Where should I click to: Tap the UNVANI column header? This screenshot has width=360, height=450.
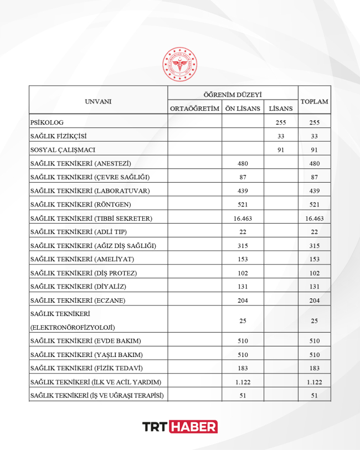(98, 101)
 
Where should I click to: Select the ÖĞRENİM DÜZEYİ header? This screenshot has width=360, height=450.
(233, 94)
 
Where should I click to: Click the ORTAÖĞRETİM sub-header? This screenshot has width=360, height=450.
(194, 108)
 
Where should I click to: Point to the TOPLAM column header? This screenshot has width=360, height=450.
(314, 101)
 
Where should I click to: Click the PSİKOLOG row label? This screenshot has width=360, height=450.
(48, 123)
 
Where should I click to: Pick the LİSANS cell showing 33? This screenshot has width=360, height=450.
(280, 136)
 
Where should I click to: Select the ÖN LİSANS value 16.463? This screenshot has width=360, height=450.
(243, 218)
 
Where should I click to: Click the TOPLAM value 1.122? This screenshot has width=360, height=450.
(314, 382)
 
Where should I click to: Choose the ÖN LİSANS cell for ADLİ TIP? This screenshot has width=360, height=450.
(243, 232)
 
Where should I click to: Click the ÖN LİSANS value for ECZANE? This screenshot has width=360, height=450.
(243, 300)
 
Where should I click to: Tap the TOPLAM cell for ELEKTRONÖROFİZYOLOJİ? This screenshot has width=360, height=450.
(314, 320)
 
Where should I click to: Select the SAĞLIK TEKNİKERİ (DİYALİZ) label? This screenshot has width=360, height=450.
(79, 287)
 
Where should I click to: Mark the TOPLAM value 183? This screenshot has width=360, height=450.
(314, 368)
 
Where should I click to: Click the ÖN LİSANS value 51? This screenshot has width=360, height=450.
(243, 395)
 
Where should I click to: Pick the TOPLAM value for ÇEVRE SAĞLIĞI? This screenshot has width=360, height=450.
(314, 177)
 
